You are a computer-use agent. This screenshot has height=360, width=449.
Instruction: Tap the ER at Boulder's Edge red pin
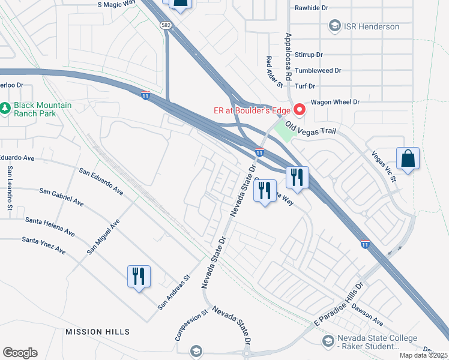click(x=299, y=109)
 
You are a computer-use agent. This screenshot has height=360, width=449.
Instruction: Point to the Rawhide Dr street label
click(x=312, y=8)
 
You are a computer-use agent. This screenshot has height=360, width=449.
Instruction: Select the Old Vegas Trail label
click(x=311, y=127)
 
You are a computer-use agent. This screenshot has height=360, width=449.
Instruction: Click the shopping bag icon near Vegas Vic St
click(x=408, y=159)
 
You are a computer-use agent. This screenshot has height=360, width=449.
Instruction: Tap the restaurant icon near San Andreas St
click(x=139, y=277)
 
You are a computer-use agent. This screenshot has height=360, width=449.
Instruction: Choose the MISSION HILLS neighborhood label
click(x=97, y=332)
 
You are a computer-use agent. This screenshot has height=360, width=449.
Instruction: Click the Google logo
click(x=20, y=353)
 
